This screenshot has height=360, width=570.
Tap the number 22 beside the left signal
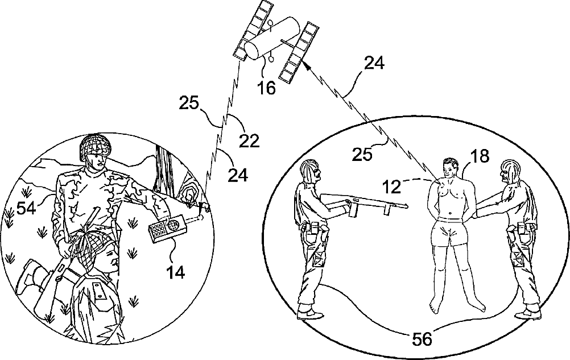tap(249, 139)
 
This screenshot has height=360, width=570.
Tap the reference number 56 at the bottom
tap(422, 338)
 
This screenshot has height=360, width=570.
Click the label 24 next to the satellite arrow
tap(374, 64)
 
